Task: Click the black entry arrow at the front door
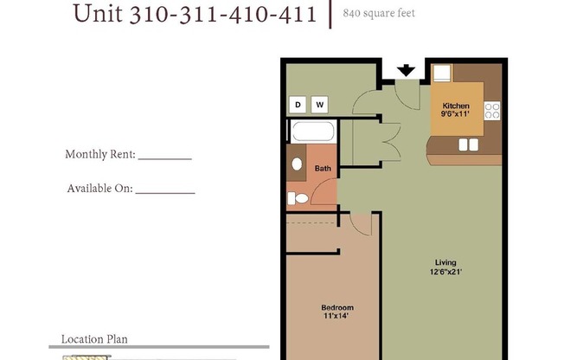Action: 405,70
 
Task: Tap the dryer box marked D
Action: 298,105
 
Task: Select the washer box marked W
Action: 320,105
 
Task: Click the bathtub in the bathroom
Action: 311,132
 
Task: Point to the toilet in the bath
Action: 299,198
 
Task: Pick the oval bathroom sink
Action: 296,164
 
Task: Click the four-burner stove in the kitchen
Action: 492,110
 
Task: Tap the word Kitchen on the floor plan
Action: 455,106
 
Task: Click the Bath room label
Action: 322,169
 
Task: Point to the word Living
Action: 446,263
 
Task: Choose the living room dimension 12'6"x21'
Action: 446,273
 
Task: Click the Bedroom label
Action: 337,308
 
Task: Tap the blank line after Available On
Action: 165,190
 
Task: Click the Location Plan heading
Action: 94,339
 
